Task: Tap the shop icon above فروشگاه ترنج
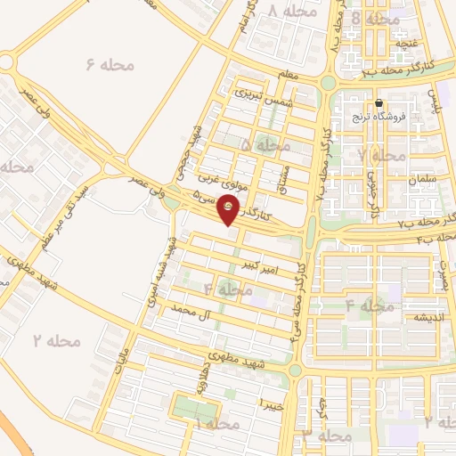pyautogui.click(x=380, y=103)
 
